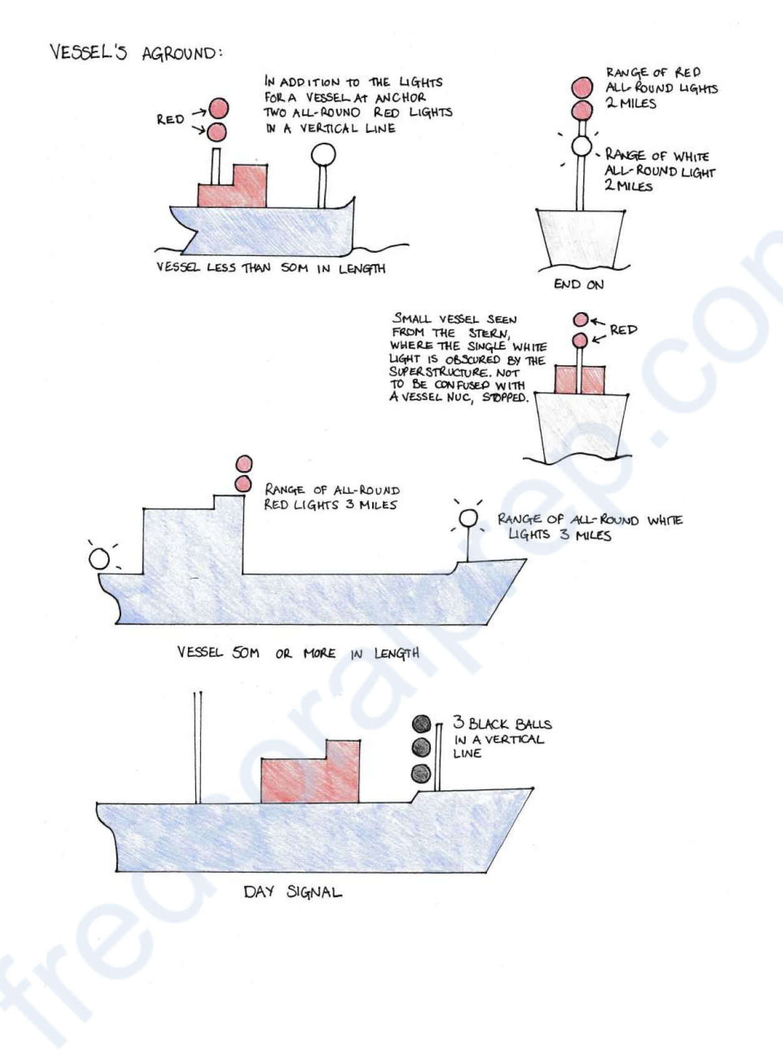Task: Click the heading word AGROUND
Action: tap(182, 54)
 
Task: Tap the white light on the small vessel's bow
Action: tap(323, 154)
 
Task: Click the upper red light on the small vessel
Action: tap(219, 109)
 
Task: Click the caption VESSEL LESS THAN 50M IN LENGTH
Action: tap(270, 268)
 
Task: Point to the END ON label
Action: tap(578, 285)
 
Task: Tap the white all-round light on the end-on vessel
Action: tap(581, 146)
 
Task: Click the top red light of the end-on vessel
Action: tap(582, 88)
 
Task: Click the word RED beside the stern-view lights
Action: tap(623, 330)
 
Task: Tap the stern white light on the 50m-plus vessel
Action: tap(99, 559)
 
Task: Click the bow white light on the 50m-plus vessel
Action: tap(468, 518)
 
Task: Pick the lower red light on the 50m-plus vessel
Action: tap(242, 484)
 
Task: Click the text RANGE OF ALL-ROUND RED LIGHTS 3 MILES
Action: tap(331, 498)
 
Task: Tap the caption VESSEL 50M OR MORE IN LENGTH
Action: tap(298, 653)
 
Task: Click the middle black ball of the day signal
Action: tap(421, 747)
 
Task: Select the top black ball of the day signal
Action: tap(421, 724)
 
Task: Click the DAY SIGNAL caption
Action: tap(292, 891)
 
